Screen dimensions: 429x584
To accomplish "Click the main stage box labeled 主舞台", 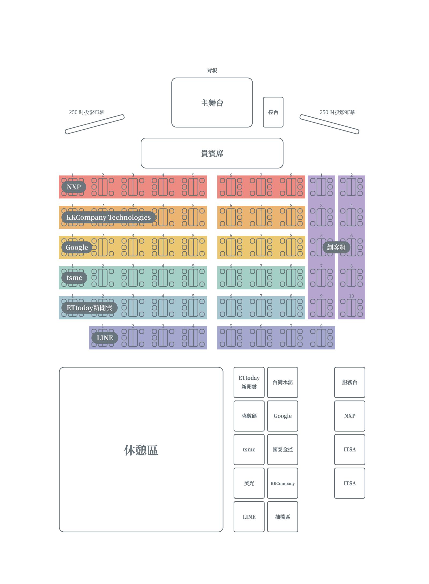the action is pos(212,102).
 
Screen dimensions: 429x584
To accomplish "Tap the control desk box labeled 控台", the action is pos(273,112).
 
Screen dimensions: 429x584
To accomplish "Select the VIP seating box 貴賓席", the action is pos(212,153).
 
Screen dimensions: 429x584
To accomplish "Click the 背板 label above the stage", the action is pos(212,71).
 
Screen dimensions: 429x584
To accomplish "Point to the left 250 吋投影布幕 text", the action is pos(86,112).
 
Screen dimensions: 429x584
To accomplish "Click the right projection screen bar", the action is pos(329,124).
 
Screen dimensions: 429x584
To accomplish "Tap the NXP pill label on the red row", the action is pos(74,187).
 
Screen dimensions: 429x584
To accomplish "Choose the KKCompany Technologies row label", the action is pos(108,217).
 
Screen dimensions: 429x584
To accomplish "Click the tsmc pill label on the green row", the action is pos(74,277).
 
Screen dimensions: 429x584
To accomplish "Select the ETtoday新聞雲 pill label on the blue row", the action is pos(89,308).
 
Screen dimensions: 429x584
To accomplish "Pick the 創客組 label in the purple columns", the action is pos(336,247).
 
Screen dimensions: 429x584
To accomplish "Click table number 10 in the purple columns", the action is pos(351,296).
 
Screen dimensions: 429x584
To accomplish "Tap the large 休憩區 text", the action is pos(141,450).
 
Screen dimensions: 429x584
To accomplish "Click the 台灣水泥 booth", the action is pos(282,382).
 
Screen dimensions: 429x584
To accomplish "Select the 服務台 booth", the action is pos(349,382).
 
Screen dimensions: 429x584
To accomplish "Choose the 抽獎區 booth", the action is pos(282,517).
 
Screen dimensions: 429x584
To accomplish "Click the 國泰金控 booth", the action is pos(282,450).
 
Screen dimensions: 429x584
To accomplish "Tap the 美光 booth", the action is pos(249,483).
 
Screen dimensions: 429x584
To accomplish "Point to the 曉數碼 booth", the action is pos(249,416).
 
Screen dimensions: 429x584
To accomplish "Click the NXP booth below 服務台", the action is pos(349,416).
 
